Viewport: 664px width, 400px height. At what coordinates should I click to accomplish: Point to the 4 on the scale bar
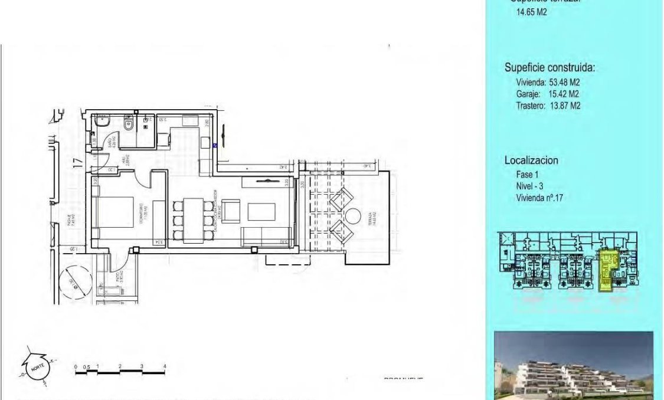pyautogui.click(x=164, y=367)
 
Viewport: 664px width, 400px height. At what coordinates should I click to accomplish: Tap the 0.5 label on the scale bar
pyautogui.click(x=87, y=367)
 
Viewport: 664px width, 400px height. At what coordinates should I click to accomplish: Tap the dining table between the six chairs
pyautogui.click(x=192, y=219)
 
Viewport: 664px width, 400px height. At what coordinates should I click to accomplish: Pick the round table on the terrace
pyautogui.click(x=352, y=215)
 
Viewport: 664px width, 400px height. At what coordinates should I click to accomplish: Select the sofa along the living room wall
pyautogui.click(x=266, y=235)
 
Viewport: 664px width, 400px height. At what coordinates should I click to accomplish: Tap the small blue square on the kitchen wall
pyautogui.click(x=215, y=145)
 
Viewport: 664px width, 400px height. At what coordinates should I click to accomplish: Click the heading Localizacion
pyautogui.click(x=531, y=160)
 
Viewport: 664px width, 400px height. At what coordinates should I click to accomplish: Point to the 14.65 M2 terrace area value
pyautogui.click(x=531, y=11)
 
